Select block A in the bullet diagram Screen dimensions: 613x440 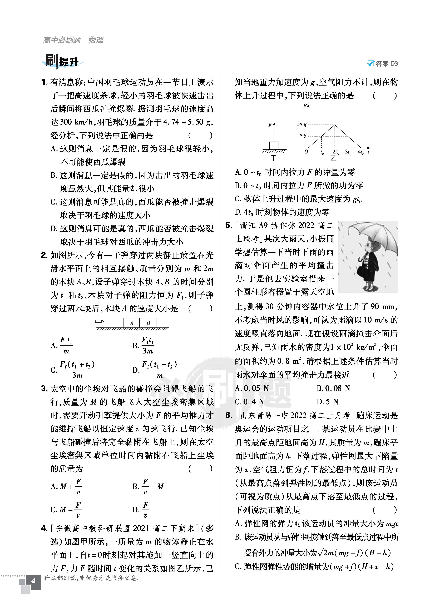[x=131, y=323]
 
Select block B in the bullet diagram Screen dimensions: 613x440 [x=148, y=323]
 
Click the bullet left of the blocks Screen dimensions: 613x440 [x=100, y=321]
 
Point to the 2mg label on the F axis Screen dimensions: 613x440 [x=301, y=124]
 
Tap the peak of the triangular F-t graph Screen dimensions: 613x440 [x=335, y=125]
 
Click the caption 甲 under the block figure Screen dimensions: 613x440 [x=273, y=158]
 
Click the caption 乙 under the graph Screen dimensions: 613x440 [x=334, y=158]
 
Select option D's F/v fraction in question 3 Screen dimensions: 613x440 [x=146, y=510]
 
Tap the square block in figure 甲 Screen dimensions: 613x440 [x=274, y=145]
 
